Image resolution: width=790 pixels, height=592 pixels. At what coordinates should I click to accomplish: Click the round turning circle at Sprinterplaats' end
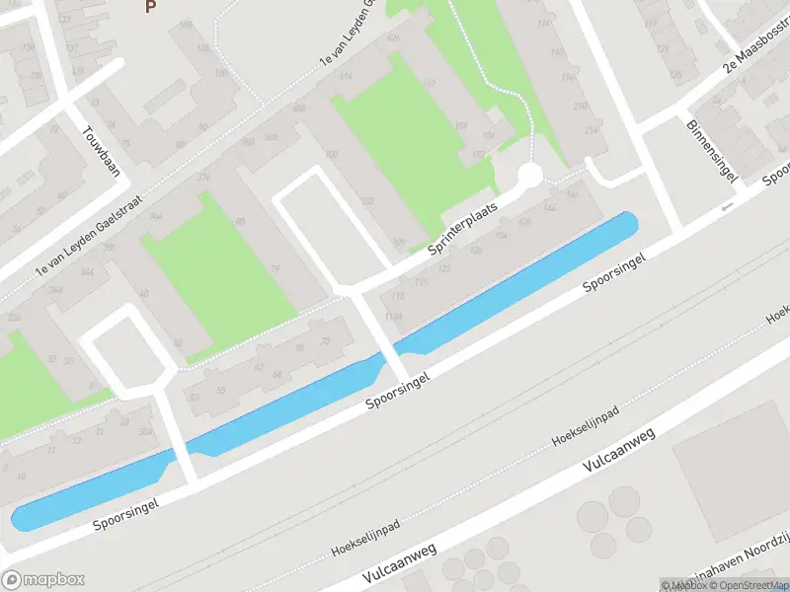(x=530, y=176)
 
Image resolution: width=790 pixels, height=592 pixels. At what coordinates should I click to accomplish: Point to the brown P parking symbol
(x=150, y=7)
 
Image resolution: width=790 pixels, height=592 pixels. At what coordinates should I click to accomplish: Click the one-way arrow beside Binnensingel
(x=728, y=206)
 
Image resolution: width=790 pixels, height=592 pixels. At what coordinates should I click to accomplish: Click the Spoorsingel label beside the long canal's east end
(x=614, y=272)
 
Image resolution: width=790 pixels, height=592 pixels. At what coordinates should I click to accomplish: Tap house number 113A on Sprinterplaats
(x=394, y=316)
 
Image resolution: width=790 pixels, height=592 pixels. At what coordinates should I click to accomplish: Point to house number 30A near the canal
(x=146, y=431)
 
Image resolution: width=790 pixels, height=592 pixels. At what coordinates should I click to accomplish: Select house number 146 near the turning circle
(x=549, y=209)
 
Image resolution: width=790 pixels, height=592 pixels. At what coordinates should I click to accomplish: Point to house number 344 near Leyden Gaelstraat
(x=87, y=272)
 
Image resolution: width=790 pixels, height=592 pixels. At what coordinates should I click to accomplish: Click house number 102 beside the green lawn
(x=367, y=200)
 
